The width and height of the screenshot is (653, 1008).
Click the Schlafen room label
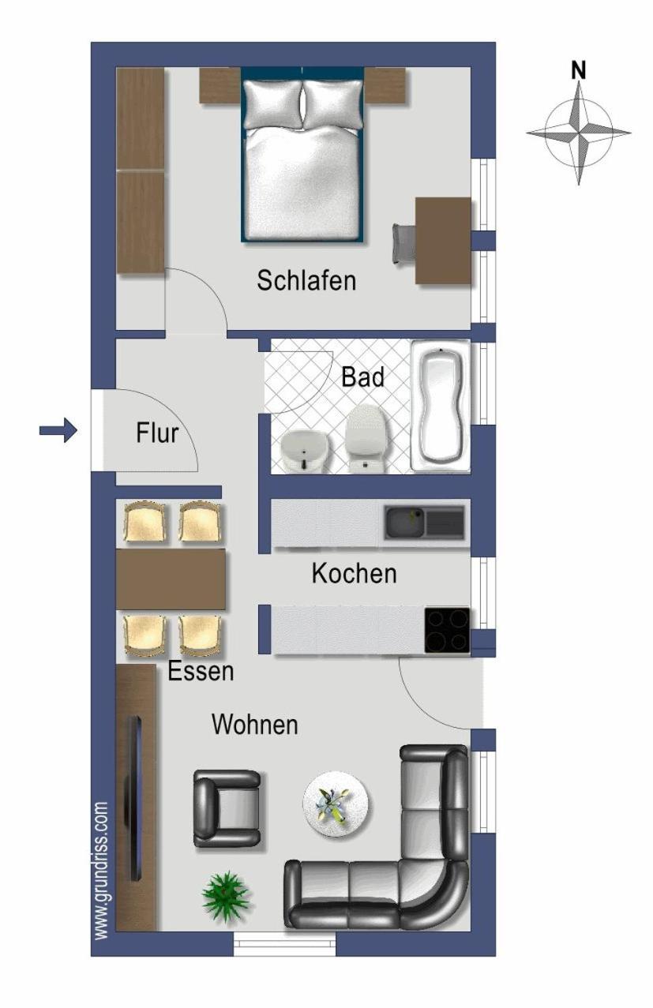(x=306, y=281)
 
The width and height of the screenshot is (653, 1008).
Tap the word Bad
(x=362, y=377)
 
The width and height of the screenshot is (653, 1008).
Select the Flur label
(x=157, y=433)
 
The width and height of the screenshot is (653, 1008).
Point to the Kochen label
(x=355, y=574)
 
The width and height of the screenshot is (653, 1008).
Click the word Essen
(x=201, y=672)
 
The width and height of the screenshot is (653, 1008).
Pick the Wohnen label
(x=255, y=725)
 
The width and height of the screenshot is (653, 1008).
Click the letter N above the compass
(x=578, y=71)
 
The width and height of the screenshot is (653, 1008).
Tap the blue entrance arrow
(x=58, y=431)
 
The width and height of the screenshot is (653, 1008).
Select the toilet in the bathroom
(x=366, y=438)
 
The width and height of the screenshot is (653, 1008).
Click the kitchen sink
(x=424, y=523)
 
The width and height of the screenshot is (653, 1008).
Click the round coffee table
(x=336, y=804)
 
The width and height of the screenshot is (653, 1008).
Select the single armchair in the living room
(x=227, y=808)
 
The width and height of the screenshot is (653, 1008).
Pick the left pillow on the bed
(x=273, y=104)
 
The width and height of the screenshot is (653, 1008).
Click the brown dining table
(x=171, y=579)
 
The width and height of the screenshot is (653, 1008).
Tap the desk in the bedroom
(x=443, y=241)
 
